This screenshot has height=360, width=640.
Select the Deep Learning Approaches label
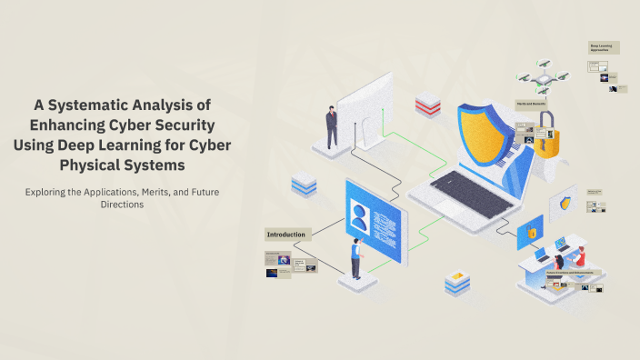click(x=605, y=46)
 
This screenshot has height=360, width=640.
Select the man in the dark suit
click(x=332, y=126)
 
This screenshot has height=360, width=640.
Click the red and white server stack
click(x=427, y=105)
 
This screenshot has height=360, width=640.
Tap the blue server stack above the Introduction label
click(x=304, y=185)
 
